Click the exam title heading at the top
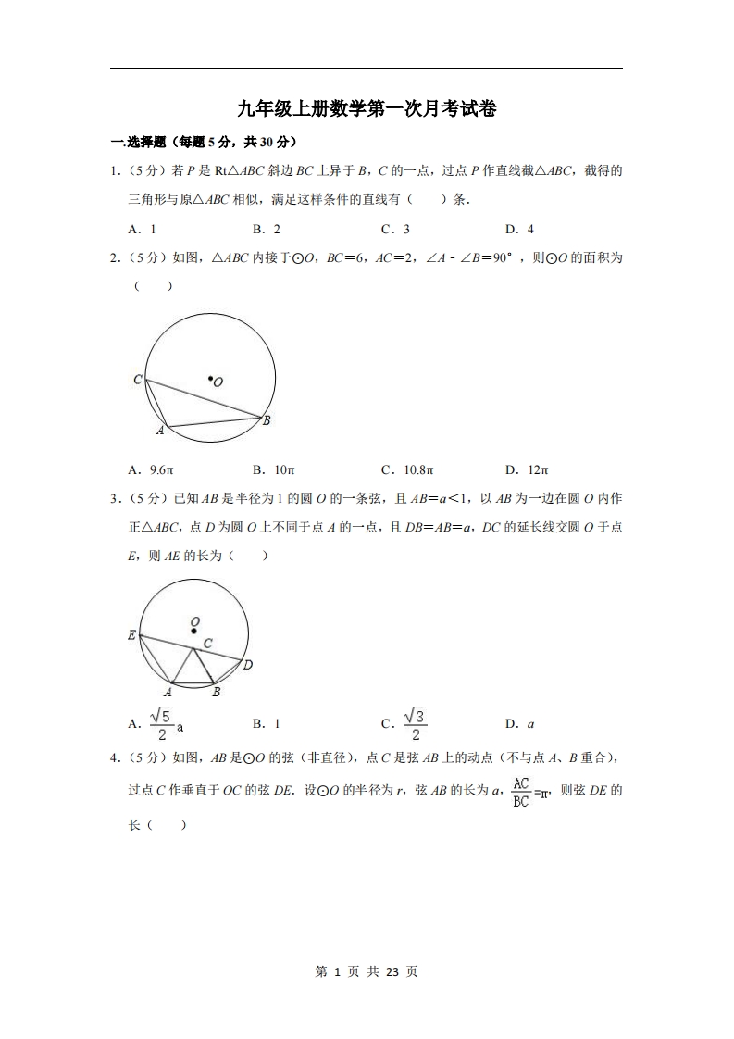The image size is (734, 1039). point(367,108)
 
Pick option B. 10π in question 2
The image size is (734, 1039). point(273,469)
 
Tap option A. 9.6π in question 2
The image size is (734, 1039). point(151,469)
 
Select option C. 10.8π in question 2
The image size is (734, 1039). point(407,469)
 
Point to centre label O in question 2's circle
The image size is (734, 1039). point(218,382)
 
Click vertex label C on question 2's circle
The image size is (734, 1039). point(137,380)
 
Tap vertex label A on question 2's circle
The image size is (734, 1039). point(159,431)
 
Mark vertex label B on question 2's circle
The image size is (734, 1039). point(266,421)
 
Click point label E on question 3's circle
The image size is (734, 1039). point(131,635)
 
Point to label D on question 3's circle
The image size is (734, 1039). point(247,665)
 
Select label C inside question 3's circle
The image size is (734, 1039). point(208,643)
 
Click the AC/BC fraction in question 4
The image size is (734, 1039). point(521,792)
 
